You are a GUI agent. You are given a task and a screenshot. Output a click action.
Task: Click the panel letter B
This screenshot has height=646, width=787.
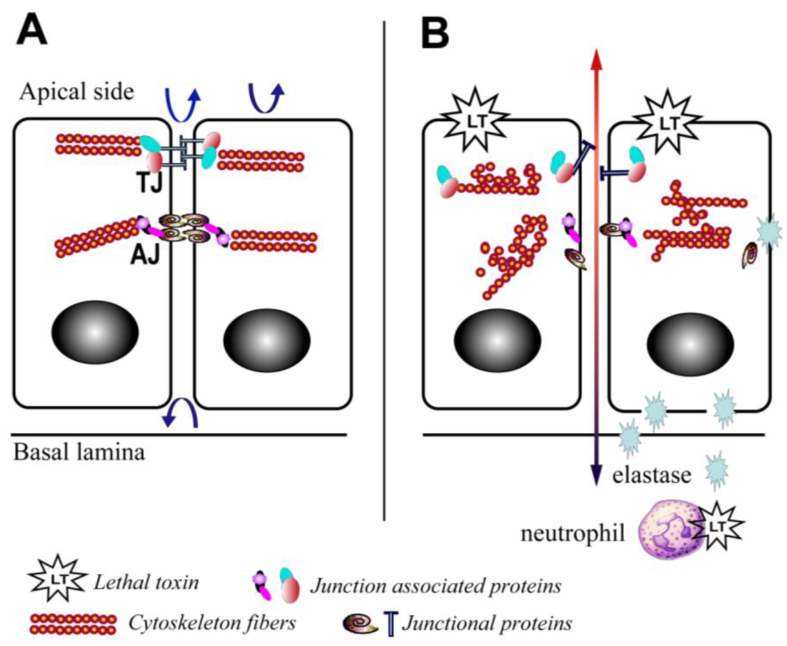tap(434, 32)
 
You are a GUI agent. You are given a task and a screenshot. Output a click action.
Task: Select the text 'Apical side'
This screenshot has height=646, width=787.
tap(76, 92)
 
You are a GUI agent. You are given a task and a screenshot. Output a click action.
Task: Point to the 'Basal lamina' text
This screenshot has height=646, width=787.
tap(79, 452)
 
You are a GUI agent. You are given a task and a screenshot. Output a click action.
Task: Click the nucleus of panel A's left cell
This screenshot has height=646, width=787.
tap(95, 331)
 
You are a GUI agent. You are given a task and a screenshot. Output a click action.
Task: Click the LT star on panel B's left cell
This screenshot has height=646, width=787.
tap(472, 119)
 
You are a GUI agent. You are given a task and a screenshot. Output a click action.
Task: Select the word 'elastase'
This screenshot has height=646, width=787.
tap(652, 477)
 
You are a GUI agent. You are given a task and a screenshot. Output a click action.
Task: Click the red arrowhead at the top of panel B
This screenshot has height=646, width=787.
tap(596, 63)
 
